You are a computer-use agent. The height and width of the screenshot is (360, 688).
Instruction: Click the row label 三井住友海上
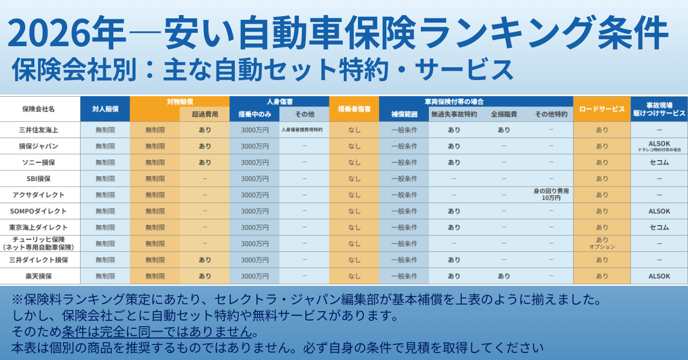click(x=38, y=130)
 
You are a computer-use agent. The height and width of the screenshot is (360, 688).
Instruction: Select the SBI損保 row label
click(x=38, y=178)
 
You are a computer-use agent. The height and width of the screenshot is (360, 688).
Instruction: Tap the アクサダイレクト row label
click(x=38, y=195)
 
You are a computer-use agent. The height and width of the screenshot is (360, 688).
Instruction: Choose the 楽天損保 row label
click(x=38, y=276)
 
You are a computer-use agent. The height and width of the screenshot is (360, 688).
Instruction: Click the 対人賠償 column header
click(x=105, y=109)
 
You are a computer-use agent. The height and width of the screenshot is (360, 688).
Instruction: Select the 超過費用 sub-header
click(x=204, y=114)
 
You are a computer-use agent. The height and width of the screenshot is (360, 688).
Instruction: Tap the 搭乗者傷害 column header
click(x=354, y=109)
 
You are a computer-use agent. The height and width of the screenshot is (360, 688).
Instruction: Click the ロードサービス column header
click(x=601, y=109)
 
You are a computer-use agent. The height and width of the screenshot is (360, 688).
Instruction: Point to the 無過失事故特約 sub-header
click(x=454, y=114)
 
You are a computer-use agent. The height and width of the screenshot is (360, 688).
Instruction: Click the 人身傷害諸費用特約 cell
click(x=304, y=130)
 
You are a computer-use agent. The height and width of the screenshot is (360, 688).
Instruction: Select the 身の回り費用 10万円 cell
click(x=551, y=195)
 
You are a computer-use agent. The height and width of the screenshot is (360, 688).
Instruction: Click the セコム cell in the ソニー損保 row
click(x=659, y=162)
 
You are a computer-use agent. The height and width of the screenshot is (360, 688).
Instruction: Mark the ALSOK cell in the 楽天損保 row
click(x=659, y=276)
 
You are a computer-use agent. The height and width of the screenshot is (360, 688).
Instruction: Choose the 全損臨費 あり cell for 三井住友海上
click(x=504, y=130)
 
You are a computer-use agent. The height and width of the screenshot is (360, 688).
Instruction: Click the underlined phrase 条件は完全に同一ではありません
click(x=156, y=331)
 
